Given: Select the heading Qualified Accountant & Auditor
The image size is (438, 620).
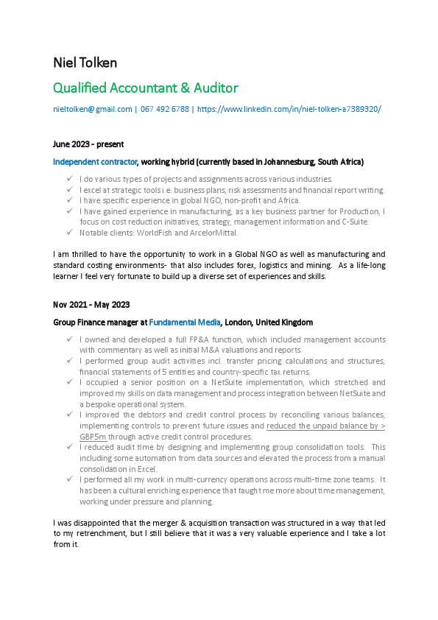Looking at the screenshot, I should point(146,88).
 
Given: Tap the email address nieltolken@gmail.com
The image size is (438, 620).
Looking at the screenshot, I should point(93,109).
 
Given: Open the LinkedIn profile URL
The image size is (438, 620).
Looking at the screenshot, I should point(289,109).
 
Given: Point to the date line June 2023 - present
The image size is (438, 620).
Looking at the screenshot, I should point(88,144).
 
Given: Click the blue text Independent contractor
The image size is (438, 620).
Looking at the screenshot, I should point(95,161).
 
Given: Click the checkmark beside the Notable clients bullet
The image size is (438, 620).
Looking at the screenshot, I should point(68,233).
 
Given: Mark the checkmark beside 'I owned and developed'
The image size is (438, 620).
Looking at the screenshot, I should point(68,339).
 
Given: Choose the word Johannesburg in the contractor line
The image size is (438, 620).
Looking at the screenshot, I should point(286,161).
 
